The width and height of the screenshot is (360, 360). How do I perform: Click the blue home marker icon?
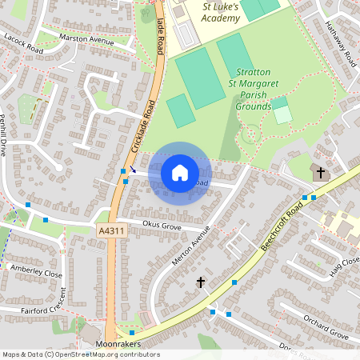pyautogui.click(x=180, y=173)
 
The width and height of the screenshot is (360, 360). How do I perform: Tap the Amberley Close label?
pyautogui.click(x=32, y=273)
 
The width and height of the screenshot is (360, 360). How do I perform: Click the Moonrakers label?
pyautogui.click(x=118, y=344)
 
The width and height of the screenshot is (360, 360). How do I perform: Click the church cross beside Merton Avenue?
pyautogui.click(x=201, y=282)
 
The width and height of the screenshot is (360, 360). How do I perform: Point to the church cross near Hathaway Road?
pyautogui.click(x=321, y=172)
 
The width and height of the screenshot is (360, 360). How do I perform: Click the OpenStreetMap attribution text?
pyautogui.click(x=70, y=354)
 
